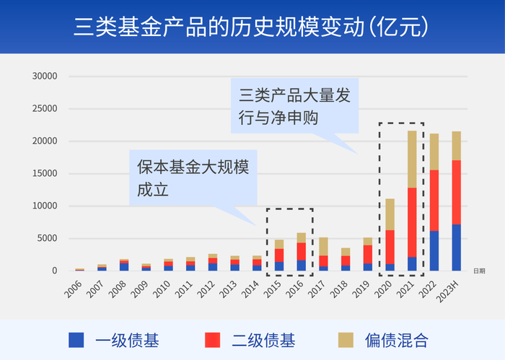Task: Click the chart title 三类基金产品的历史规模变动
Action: [x=252, y=27]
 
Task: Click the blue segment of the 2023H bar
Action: [x=456, y=247]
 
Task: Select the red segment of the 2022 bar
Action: [x=434, y=200]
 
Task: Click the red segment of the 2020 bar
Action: [x=390, y=247]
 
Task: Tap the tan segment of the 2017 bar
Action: [x=323, y=246]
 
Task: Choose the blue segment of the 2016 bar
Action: [x=301, y=265]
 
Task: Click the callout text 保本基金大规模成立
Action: [x=192, y=178]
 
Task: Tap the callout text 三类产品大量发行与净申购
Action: [x=294, y=106]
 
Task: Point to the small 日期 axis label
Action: [x=479, y=271]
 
